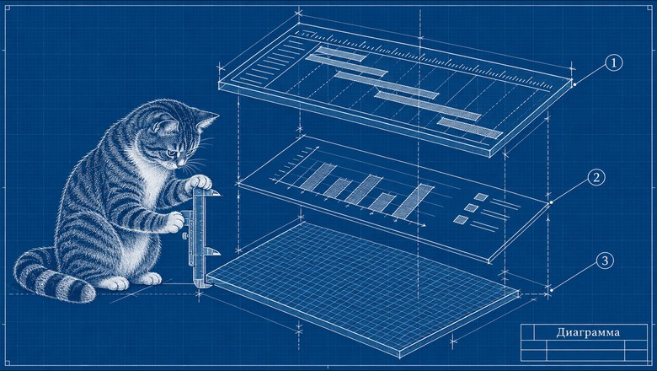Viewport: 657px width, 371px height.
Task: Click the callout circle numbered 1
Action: [x=614, y=63]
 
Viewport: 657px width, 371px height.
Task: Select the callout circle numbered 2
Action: [x=596, y=177]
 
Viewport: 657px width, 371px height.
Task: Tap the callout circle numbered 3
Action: [x=605, y=261]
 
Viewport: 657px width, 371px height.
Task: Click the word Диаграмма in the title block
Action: [x=588, y=332]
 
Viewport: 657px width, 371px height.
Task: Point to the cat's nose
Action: [x=180, y=162]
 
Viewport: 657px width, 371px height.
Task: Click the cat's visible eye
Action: [x=170, y=153]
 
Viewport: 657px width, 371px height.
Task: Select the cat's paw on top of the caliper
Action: [x=198, y=182]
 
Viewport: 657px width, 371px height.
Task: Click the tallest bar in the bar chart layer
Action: [x=412, y=202]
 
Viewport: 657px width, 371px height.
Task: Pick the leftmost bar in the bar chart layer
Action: [x=318, y=176]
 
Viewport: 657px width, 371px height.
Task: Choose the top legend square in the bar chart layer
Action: [x=481, y=197]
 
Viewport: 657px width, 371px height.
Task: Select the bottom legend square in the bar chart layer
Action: [x=461, y=220]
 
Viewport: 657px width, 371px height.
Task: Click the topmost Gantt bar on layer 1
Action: [x=340, y=55]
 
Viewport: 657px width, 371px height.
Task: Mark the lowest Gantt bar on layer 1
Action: [x=469, y=128]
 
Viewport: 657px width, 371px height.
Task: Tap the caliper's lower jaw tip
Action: [x=219, y=252]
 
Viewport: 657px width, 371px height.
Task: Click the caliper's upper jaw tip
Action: [x=219, y=194]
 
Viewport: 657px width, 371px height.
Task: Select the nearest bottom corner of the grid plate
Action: [x=399, y=358]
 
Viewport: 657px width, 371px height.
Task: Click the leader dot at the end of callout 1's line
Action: [x=574, y=84]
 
